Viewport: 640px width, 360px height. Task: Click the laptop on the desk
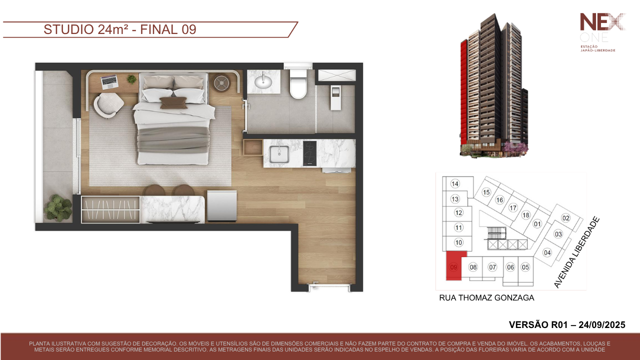pyautogui.click(x=109, y=81)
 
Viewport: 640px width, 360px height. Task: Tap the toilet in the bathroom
pyautogui.click(x=298, y=83)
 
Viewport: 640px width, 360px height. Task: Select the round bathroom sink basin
pyautogui.click(x=263, y=81)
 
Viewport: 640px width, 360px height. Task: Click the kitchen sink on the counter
pyautogui.click(x=279, y=154)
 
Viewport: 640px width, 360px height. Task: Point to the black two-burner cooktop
pyautogui.click(x=309, y=153)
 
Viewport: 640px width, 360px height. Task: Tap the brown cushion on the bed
pyautogui.click(x=173, y=103)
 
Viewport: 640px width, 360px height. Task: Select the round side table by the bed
pyautogui.click(x=221, y=83)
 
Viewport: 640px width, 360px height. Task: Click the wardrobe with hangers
pyautogui.click(x=110, y=209)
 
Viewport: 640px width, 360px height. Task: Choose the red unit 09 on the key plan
pyautogui.click(x=454, y=265)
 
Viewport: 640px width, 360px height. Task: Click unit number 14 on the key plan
pyautogui.click(x=455, y=183)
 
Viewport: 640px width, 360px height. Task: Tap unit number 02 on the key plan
pyautogui.click(x=565, y=218)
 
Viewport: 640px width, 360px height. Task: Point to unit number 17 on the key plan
pyautogui.click(x=513, y=207)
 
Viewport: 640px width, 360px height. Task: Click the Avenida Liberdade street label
pyautogui.click(x=576, y=252)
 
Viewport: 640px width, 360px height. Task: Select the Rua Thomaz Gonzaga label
pyautogui.click(x=486, y=297)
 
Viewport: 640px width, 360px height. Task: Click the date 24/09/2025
pyautogui.click(x=602, y=325)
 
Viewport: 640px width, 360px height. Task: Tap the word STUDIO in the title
pyautogui.click(x=68, y=29)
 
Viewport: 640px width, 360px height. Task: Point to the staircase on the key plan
pyautogui.click(x=497, y=232)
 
